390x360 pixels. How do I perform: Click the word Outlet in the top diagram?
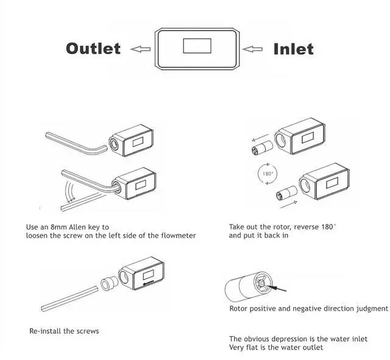click(93, 48)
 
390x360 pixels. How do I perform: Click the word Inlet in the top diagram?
click(293, 48)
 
